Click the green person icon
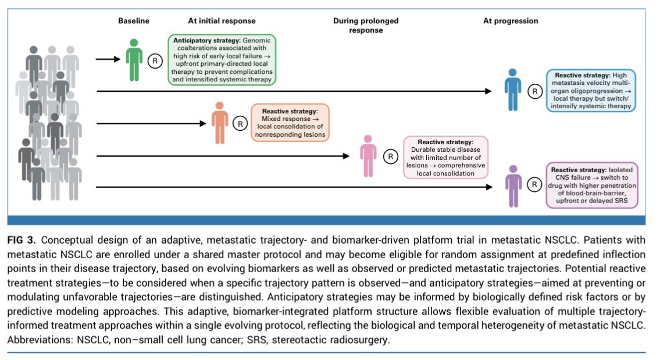[134, 60]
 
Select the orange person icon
[220, 123]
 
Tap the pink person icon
[368, 156]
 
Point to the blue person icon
[513, 90]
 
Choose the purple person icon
[513, 186]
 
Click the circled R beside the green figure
[155, 61]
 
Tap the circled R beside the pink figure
[391, 156]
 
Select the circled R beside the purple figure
[534, 184]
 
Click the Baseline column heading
[133, 20]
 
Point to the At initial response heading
[222, 20]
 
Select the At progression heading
[510, 20]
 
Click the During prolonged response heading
[366, 25]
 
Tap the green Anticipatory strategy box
[222, 60]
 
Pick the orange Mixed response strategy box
[290, 123]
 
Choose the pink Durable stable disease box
[445, 158]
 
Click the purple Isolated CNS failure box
[592, 186]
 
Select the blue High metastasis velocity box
[591, 91]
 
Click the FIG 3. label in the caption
[21, 240]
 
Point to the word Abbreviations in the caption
[40, 340]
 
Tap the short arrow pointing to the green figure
[108, 59]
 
